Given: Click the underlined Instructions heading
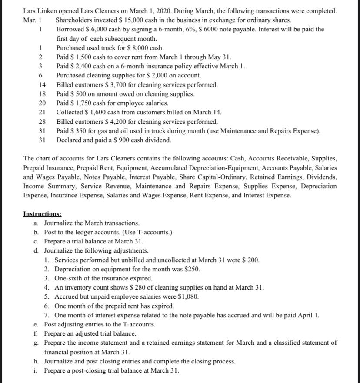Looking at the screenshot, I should pyautogui.click(x=42, y=214).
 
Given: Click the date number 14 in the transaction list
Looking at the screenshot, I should pyautogui.click(x=40, y=85).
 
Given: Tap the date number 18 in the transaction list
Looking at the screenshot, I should pyautogui.click(x=40, y=94).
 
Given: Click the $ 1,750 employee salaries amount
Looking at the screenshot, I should pyautogui.click(x=81, y=103).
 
